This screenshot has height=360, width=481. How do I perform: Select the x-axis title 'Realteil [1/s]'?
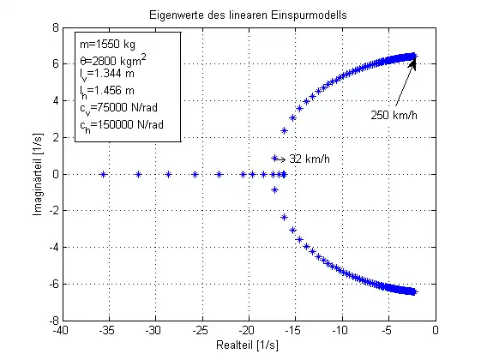coord(249,349)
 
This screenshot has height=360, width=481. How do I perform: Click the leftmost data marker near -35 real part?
coord(103,174)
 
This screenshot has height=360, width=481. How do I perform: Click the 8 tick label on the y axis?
coord(53,27)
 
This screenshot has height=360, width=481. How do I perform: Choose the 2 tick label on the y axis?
coord(53,137)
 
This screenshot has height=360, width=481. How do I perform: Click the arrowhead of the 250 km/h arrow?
coord(413,63)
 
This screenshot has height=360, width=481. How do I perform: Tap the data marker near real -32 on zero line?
coord(138,174)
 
